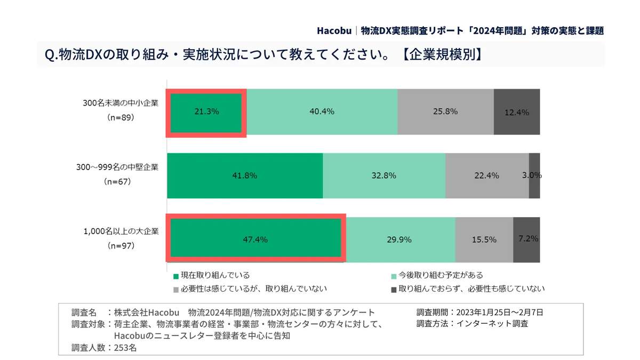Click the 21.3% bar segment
point(206,112)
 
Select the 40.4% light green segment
point(322,112)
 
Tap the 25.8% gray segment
point(445,112)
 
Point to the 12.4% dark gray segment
point(516,112)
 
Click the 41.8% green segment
point(245,175)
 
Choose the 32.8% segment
point(384,175)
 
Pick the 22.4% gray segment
point(487,175)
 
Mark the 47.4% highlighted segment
point(254,239)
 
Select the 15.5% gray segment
point(484,239)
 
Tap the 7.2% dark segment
point(526,239)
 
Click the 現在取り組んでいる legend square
point(175,276)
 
